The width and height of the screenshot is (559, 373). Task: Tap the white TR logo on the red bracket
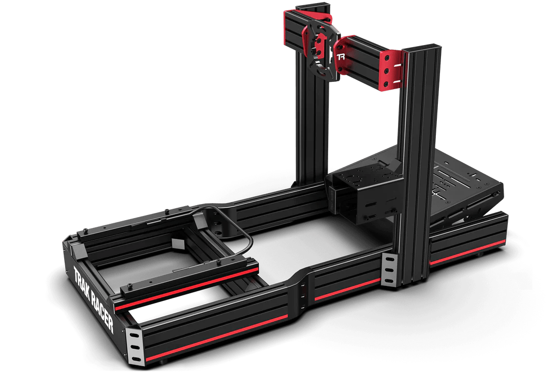[x=341, y=56]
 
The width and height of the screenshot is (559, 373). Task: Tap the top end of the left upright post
[x=313, y=7]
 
